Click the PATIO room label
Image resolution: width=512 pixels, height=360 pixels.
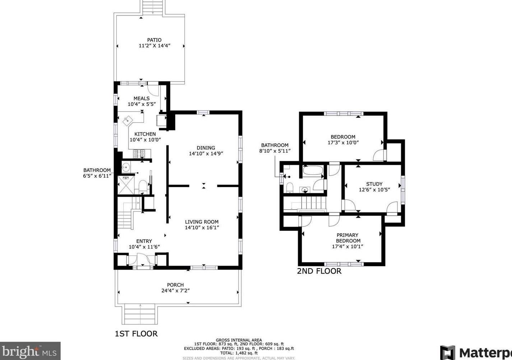pyautogui.click(x=154, y=40)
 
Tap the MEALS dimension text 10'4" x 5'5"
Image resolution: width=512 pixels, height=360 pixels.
pyautogui.click(x=142, y=104)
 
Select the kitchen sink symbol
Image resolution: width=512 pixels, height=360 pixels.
pyautogui.click(x=127, y=120)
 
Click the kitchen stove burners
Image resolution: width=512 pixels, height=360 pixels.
pyautogui.click(x=139, y=154)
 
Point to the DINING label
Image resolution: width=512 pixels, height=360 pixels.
pyautogui.click(x=206, y=148)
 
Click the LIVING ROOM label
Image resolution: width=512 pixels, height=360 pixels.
pyautogui.click(x=201, y=222)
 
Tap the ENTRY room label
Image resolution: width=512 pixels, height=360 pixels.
pyautogui.click(x=144, y=241)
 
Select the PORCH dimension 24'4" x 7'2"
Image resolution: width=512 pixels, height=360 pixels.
pyautogui.click(x=176, y=291)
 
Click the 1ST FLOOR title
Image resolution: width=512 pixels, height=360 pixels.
pyautogui.click(x=136, y=334)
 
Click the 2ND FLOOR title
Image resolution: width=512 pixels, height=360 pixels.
pyautogui.click(x=319, y=271)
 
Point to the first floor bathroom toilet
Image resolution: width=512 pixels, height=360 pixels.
pyautogui.click(x=143, y=186)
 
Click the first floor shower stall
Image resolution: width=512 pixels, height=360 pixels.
pyautogui.click(x=126, y=185)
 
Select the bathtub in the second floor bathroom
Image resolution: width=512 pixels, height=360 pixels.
pyautogui.click(x=313, y=171)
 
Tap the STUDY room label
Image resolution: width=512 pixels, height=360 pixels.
pyautogui.click(x=374, y=184)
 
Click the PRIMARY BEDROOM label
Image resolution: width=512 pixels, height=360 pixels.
pyautogui.click(x=348, y=238)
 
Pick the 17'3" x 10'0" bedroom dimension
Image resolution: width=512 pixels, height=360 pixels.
pyautogui.click(x=343, y=142)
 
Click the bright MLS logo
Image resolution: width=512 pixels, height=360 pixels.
pyautogui.click(x=30, y=351)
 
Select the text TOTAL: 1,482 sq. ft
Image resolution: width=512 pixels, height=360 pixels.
pyautogui.click(x=239, y=353)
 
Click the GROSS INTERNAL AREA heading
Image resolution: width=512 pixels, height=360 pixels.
pyautogui.click(x=239, y=340)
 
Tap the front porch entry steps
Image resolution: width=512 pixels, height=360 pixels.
pyautogui.click(x=140, y=314)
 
